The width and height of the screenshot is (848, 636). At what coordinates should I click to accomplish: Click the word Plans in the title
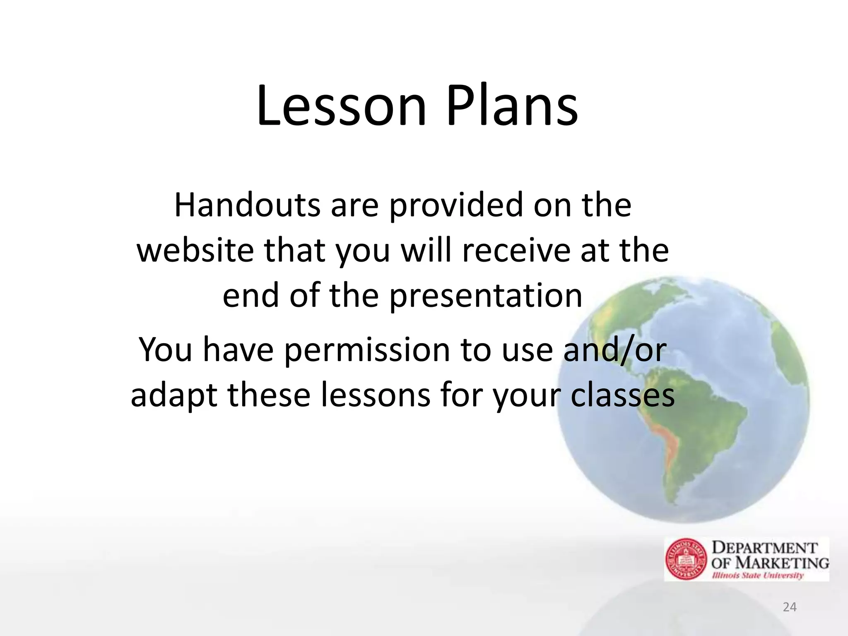[x=512, y=106]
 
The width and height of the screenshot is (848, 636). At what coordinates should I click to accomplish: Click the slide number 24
[x=790, y=607]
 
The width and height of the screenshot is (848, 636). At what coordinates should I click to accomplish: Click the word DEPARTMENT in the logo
[x=764, y=548]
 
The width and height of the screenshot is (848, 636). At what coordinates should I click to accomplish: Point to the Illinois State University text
[x=758, y=576]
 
